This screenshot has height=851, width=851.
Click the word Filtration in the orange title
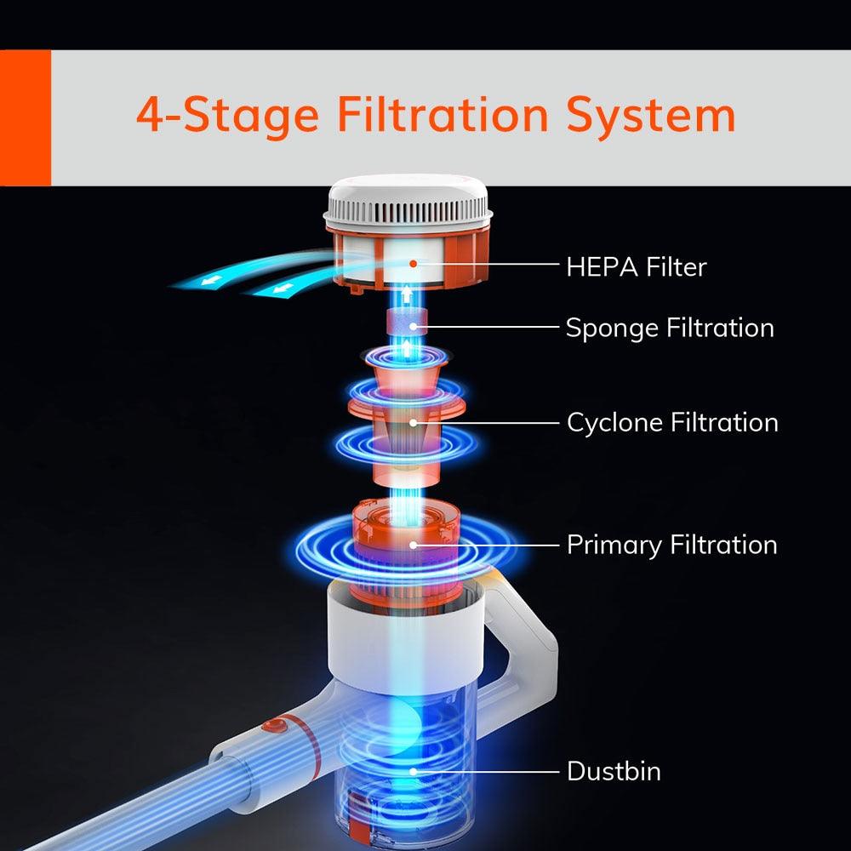(x=443, y=114)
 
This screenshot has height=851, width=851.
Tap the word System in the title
(x=651, y=115)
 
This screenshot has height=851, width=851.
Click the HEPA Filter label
(x=636, y=267)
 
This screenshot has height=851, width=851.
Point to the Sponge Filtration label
(x=670, y=328)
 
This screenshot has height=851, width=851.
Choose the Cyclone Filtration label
(x=672, y=423)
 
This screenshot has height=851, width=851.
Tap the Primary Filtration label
(x=672, y=545)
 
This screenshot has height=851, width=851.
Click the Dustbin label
(x=614, y=771)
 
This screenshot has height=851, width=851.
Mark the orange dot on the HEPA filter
(x=414, y=264)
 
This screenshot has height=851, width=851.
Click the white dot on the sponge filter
(x=414, y=327)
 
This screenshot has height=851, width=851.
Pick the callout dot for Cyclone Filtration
(x=414, y=423)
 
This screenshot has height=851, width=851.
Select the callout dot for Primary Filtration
(x=414, y=545)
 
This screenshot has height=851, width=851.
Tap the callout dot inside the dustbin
(x=414, y=771)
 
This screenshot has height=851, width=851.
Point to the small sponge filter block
(x=407, y=323)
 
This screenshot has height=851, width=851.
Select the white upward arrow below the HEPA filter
(x=407, y=296)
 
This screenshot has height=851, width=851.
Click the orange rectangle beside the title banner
(x=26, y=117)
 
